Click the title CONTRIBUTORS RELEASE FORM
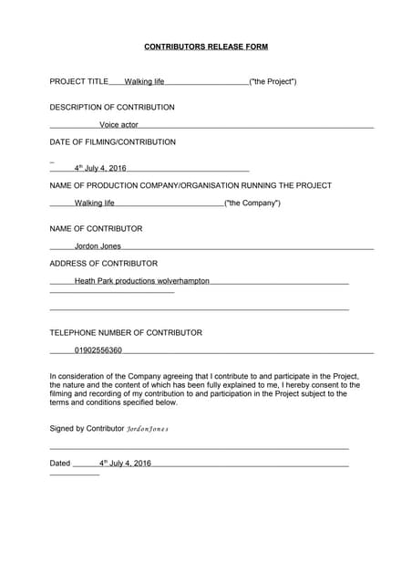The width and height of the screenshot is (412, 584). point(206,46)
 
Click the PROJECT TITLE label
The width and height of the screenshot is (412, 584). point(78,81)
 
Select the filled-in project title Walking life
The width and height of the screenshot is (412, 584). point(144,82)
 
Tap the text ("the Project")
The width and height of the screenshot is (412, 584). point(273,81)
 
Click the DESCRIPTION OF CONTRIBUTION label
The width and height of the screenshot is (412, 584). point(112,107)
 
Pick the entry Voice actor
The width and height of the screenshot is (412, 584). point(118,125)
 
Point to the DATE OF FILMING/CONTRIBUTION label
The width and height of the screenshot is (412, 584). point(113,142)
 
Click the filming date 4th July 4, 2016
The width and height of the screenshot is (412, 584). point(100,168)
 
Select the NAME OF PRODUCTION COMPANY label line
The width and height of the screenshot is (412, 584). point(191,185)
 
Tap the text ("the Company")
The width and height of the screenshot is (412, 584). point(252,203)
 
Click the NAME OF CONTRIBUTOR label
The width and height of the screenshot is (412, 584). point(96,228)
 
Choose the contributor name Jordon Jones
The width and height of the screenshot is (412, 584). point(98,245)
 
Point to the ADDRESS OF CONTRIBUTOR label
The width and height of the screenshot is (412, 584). point(103,263)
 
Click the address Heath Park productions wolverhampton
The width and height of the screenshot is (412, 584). point(141,281)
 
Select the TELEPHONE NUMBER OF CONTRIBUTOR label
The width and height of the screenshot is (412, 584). point(126,333)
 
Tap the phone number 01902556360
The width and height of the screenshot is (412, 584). point(98,350)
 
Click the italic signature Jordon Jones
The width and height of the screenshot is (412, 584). point(147,428)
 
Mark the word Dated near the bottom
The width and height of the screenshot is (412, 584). point(59,464)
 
